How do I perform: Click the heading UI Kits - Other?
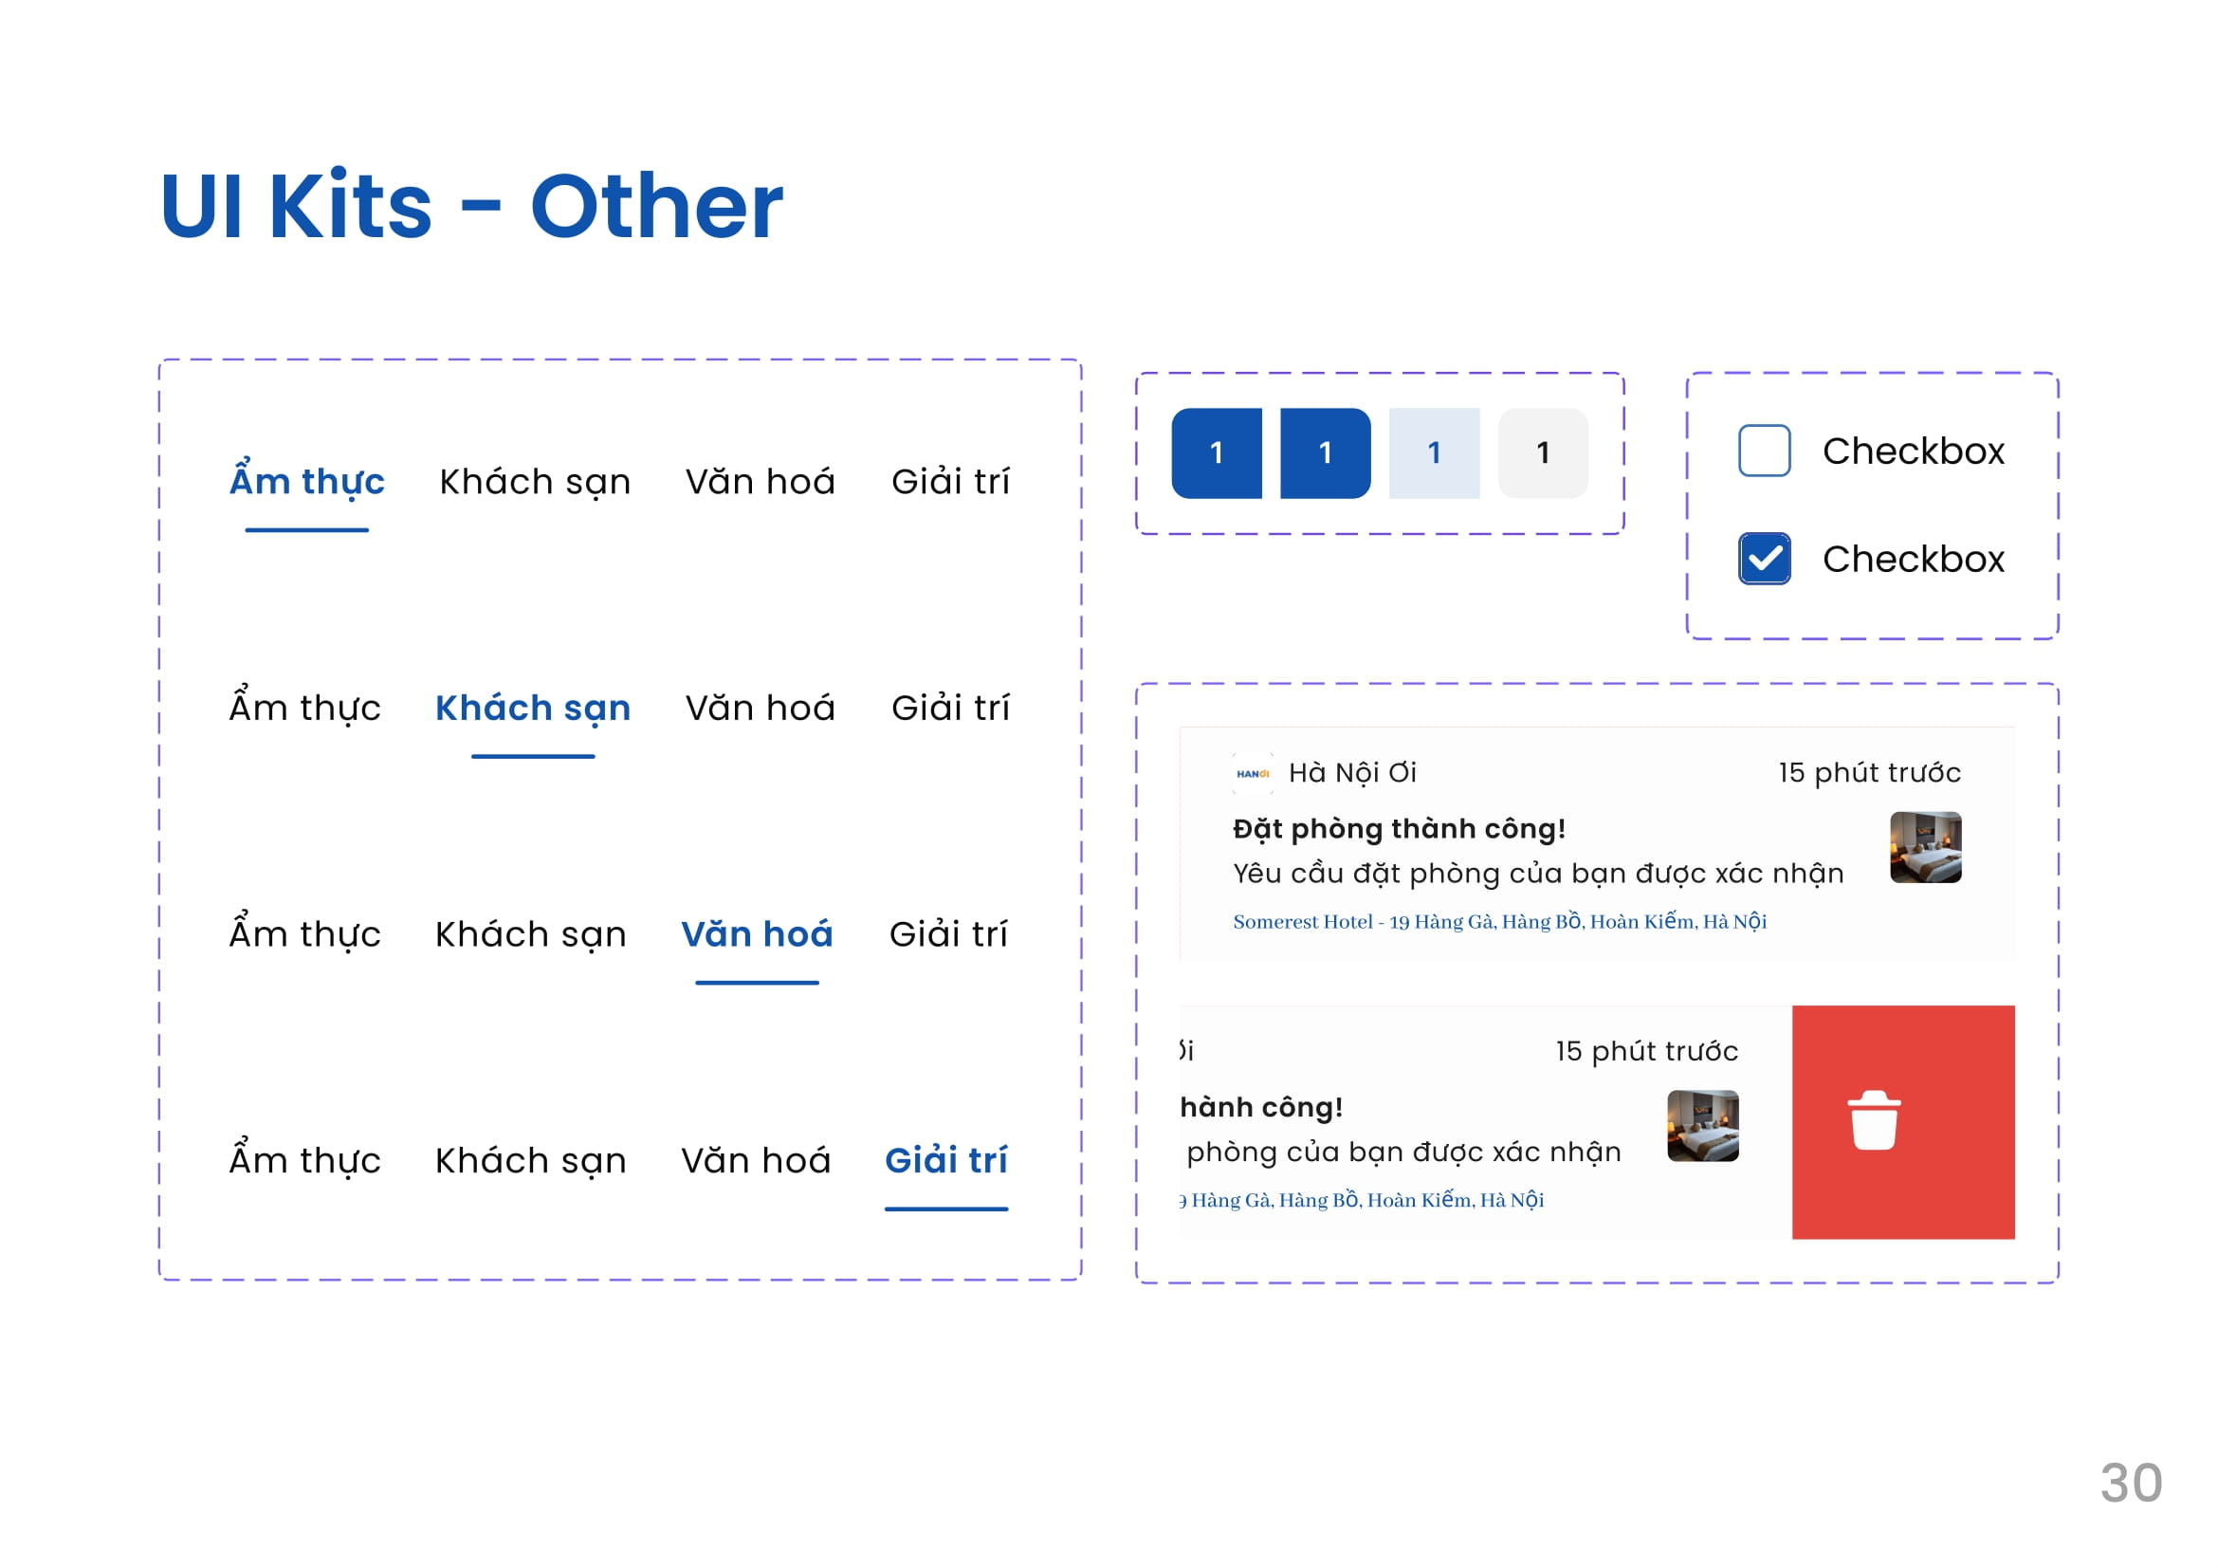click(471, 206)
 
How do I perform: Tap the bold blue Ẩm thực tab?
click(307, 479)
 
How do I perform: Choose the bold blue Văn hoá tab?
click(758, 933)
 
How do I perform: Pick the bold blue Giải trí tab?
click(946, 1158)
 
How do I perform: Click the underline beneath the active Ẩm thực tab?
click(307, 529)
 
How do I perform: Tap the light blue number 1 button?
click(1435, 453)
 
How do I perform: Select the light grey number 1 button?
click(1544, 453)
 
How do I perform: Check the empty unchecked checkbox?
click(1765, 451)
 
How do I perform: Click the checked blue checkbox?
click(1765, 559)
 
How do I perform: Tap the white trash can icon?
click(1875, 1120)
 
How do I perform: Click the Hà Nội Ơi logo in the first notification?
click(1253, 774)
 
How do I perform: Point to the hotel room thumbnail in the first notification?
click(1926, 847)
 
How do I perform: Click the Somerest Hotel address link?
click(1500, 922)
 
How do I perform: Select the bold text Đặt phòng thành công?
click(1399, 829)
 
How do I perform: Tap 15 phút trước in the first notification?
click(1870, 773)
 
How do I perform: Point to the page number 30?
click(2132, 1483)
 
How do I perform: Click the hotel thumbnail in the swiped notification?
click(1703, 1126)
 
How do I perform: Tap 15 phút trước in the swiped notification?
click(1647, 1051)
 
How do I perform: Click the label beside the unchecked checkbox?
click(1914, 452)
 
